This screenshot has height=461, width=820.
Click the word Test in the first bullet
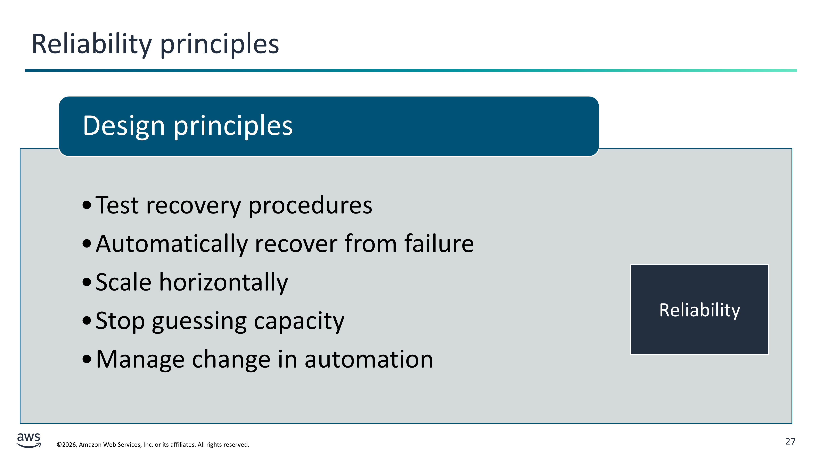pos(117,205)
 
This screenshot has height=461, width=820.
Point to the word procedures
pos(310,205)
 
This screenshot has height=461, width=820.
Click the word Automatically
pos(172,244)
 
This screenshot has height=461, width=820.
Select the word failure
pos(439,243)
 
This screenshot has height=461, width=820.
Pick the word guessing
pos(199,321)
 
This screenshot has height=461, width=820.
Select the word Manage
pos(140,360)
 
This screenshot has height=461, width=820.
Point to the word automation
pos(369,360)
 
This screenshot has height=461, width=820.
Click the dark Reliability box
pos(699,309)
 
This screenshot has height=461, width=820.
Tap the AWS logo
pos(29,440)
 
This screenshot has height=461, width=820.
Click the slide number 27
pos(790,441)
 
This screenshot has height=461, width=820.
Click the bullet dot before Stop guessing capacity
pos(87,321)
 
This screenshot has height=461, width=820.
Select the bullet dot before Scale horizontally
pos(87,282)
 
